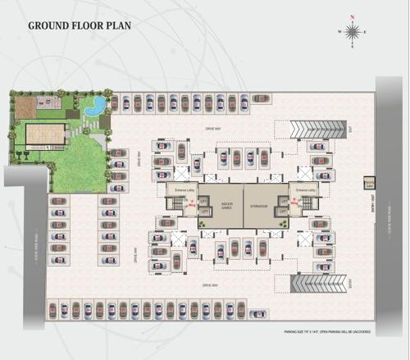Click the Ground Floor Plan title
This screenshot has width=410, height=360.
(79, 25)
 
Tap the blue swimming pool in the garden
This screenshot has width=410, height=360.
(96, 105)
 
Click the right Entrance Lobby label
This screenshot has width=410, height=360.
(307, 189)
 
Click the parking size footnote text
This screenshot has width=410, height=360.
(326, 332)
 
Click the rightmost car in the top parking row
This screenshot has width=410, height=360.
(261, 98)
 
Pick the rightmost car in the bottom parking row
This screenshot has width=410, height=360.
(257, 313)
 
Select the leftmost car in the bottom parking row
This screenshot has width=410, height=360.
(53, 309)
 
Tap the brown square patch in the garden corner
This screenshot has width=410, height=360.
(25, 105)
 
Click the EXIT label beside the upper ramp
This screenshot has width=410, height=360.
(348, 130)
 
